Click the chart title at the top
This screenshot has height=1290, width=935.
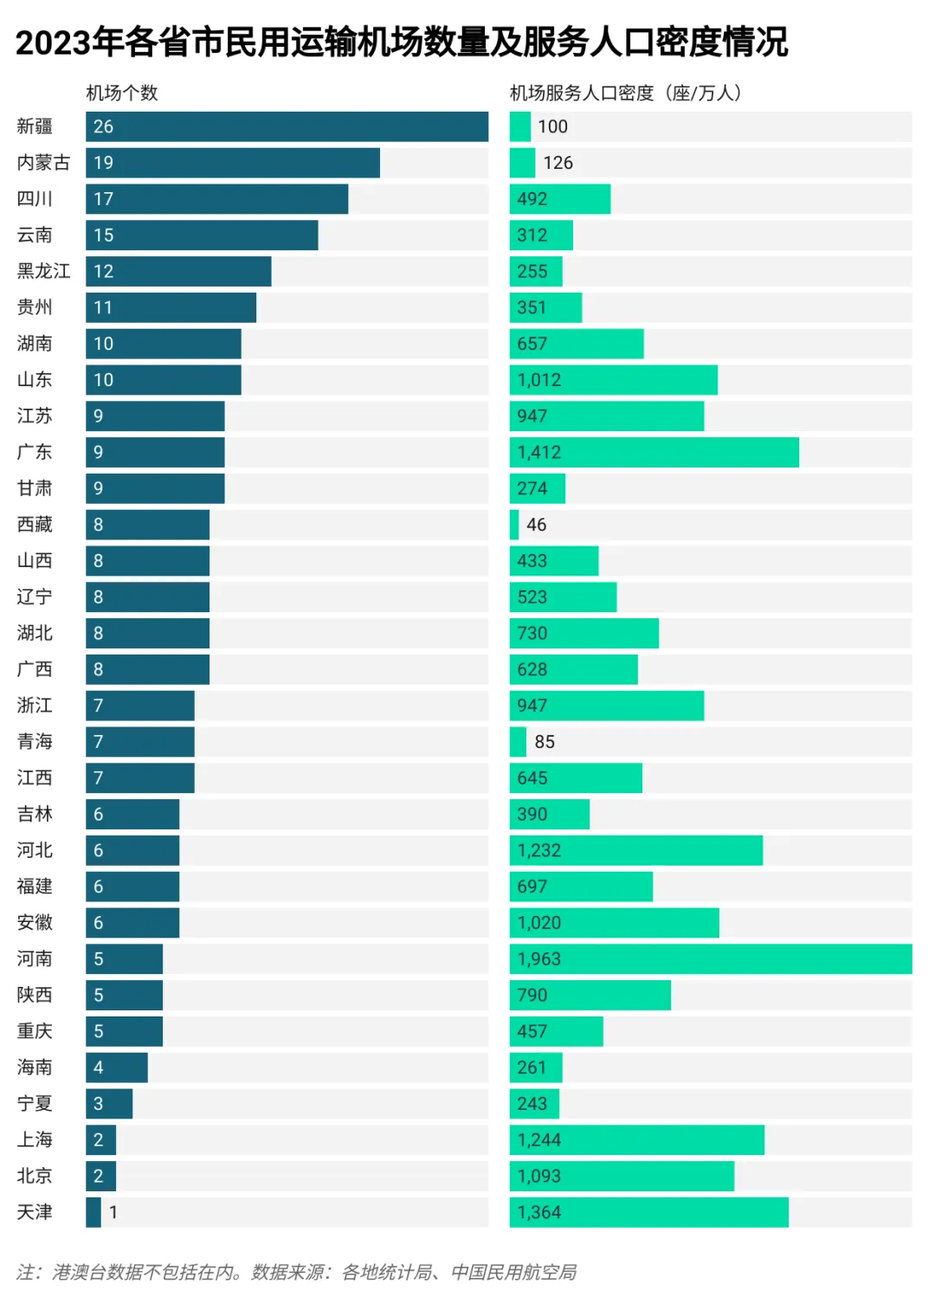point(402,42)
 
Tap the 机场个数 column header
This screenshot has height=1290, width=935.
point(122,93)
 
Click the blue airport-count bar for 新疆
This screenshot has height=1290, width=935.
point(287,126)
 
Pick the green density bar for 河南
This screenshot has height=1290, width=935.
point(710,959)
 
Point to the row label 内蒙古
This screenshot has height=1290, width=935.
point(43,163)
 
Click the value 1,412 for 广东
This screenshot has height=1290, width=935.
point(539,452)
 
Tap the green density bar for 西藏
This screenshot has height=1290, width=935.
point(514,525)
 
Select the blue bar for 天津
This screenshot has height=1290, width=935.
point(93,1212)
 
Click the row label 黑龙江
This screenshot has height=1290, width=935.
point(43,271)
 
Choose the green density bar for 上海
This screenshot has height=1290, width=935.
point(636,1140)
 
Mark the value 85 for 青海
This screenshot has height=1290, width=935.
point(545,742)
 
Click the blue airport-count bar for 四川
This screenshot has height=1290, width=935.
point(216,199)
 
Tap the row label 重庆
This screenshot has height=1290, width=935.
point(35,1031)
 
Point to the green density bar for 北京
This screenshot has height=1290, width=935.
point(622,1177)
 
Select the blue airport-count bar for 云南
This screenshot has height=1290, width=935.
point(202,235)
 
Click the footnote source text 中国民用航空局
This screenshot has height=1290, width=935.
point(513,1272)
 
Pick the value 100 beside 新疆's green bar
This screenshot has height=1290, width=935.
point(552,126)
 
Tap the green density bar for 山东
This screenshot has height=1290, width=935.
point(613,380)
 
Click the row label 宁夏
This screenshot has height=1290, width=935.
point(35,1104)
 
